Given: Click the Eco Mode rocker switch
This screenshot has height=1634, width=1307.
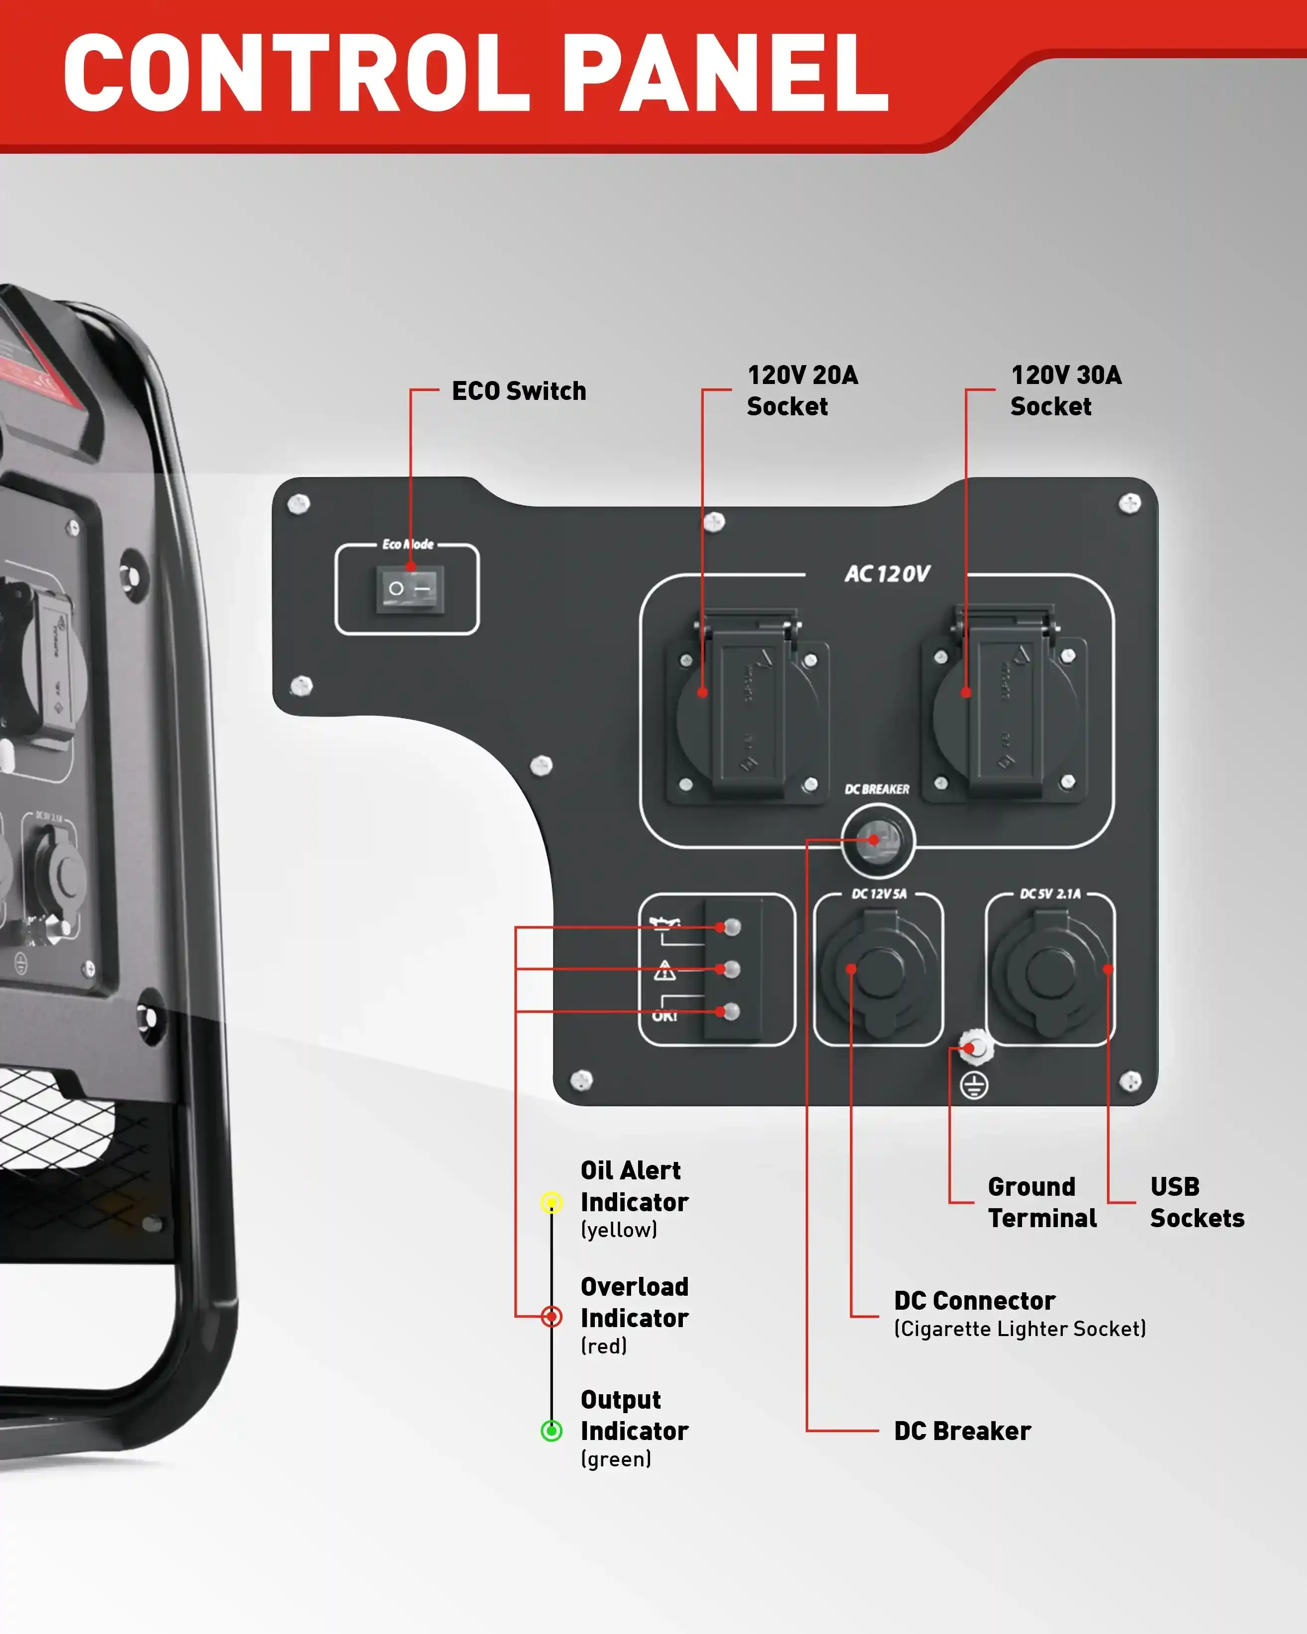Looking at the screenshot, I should pyautogui.click(x=410, y=589).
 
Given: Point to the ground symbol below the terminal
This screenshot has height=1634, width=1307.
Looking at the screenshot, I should pyautogui.click(x=974, y=1086).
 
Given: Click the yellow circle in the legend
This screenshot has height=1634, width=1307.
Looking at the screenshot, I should pyautogui.click(x=552, y=1203).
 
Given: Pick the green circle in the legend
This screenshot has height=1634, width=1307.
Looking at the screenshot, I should pyautogui.click(x=552, y=1431).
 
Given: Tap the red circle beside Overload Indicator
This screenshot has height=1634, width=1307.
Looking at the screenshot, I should pyautogui.click(x=552, y=1317).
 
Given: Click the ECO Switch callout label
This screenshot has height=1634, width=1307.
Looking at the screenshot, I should pyautogui.click(x=519, y=391).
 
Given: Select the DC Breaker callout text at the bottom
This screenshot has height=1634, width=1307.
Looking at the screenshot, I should pyautogui.click(x=962, y=1431).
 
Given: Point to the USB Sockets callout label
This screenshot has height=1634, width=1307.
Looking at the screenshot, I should pyautogui.click(x=1197, y=1202).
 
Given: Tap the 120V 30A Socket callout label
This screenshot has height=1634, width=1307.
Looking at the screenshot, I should pyautogui.click(x=1065, y=391).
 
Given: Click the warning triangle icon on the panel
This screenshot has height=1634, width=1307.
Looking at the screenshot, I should pyautogui.click(x=664, y=970).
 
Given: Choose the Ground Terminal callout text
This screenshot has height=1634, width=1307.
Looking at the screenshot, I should pyautogui.click(x=1042, y=1202).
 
